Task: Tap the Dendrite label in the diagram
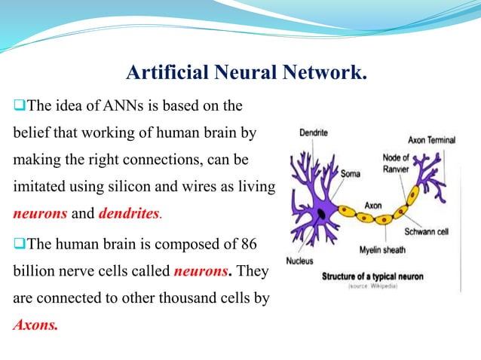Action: (313, 133)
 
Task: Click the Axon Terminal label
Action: (431, 140)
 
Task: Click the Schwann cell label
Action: (427, 232)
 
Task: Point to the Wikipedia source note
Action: (373, 287)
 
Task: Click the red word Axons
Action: (35, 326)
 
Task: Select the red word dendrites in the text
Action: (130, 213)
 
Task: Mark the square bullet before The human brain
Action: (20, 245)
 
